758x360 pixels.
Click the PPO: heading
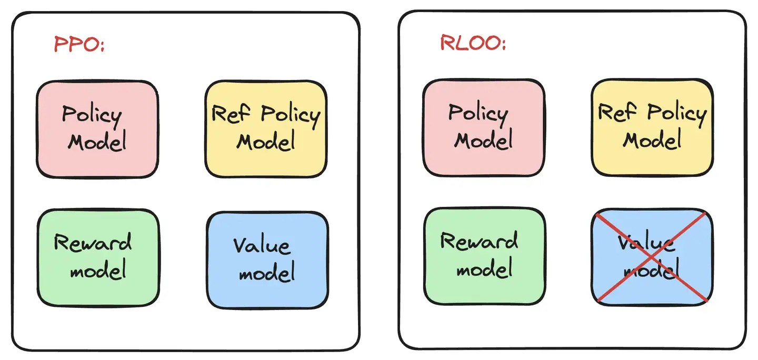(x=79, y=44)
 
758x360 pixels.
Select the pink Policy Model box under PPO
(x=97, y=129)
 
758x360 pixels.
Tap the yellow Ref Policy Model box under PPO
(x=266, y=129)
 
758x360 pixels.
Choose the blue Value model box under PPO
(x=267, y=260)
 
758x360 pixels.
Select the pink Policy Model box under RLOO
(x=484, y=127)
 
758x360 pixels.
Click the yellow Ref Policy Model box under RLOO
(x=652, y=127)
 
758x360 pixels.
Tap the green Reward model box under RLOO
(x=484, y=256)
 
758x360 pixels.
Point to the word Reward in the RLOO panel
(x=479, y=241)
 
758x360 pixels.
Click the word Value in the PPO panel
(x=262, y=246)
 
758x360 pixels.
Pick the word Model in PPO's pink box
(x=98, y=142)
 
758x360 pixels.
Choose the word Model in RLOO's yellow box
(x=653, y=140)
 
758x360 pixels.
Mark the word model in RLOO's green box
(x=484, y=269)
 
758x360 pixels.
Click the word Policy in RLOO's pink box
(x=478, y=113)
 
